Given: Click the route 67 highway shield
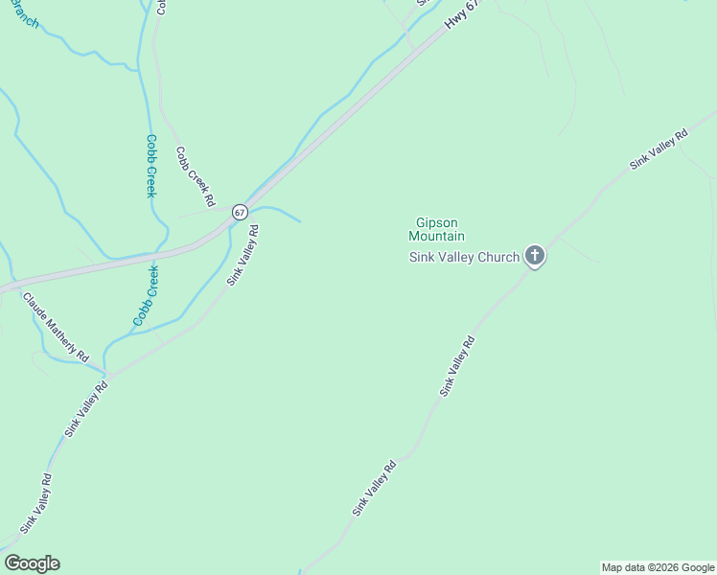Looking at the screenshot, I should (x=240, y=211).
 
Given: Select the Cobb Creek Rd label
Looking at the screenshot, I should (x=196, y=176).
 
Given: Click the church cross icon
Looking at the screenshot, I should (x=535, y=256).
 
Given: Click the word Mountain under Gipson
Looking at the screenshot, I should (x=436, y=236).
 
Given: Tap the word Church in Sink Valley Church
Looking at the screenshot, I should (x=497, y=257).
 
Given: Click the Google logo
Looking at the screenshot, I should (x=32, y=563).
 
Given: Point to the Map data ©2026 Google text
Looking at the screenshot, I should (x=658, y=567).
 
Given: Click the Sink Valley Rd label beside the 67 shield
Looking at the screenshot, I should (x=243, y=255).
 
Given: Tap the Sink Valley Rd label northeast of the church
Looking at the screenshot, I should (x=659, y=149).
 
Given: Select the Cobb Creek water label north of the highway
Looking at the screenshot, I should (x=150, y=166).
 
